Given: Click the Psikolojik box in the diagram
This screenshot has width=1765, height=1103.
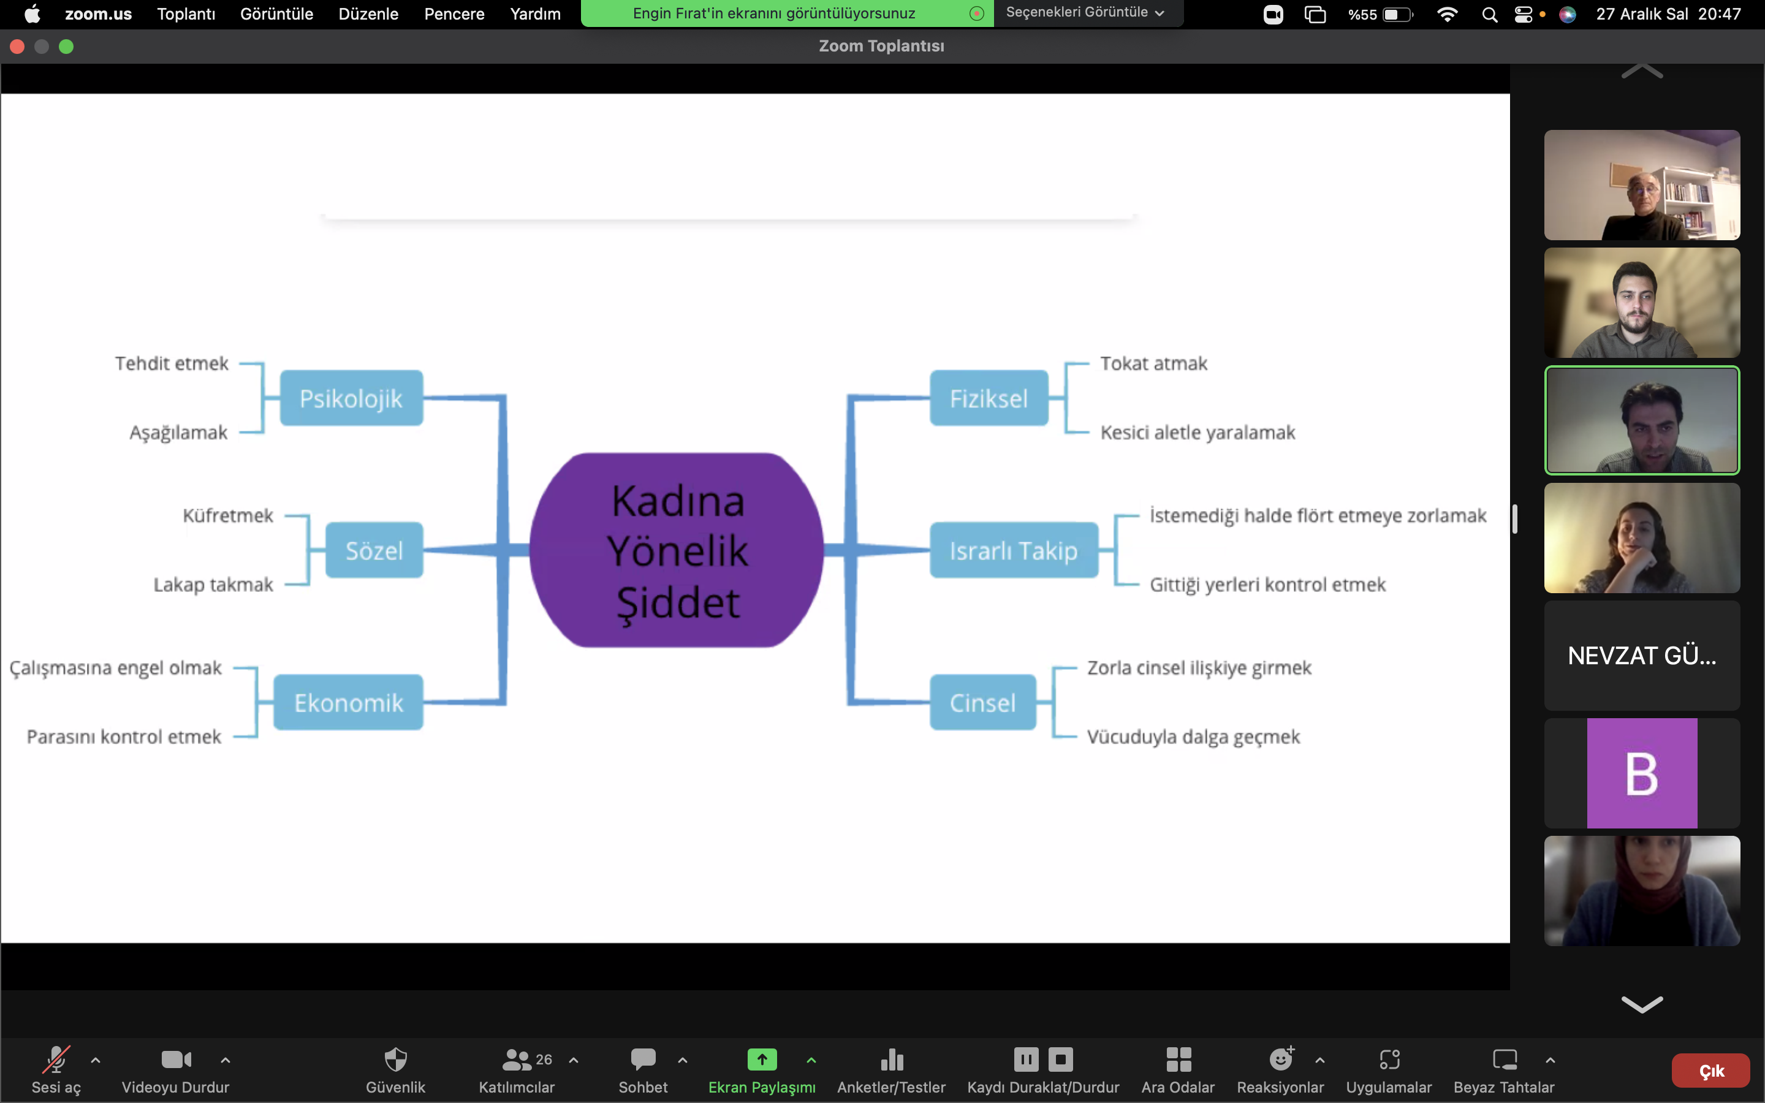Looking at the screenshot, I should coord(351,398).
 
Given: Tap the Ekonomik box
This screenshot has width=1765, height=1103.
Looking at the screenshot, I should coord(348,702).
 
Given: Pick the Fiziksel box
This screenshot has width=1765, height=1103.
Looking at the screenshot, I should coord(989,398).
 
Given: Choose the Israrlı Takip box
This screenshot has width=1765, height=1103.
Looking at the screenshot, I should coord(1013,550).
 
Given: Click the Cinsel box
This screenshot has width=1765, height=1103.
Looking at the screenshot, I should coord(982,702).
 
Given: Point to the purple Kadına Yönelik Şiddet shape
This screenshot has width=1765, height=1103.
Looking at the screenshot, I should coord(677,551).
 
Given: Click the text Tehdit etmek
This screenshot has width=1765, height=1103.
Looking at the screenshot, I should coord(172,363).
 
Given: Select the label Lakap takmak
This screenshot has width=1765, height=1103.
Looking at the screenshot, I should coord(213,585).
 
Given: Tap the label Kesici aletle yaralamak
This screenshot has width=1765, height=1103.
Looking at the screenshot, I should coord(1198,433).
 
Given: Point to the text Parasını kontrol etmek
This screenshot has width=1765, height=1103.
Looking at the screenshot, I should coord(124,737).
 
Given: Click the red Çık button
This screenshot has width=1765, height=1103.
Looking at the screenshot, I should coord(1710,1070).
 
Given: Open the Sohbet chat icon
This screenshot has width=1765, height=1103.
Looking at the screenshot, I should coord(642,1059).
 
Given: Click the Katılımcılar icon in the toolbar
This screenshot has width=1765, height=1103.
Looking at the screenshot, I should coord(517,1059).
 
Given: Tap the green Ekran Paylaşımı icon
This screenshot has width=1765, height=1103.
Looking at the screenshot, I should coord(761,1059).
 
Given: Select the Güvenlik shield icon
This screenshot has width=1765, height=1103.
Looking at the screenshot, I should coord(395,1059).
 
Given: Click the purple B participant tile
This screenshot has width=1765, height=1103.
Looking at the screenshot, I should coord(1642,773).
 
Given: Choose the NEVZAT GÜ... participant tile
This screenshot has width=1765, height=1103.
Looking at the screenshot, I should coord(1642,655).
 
